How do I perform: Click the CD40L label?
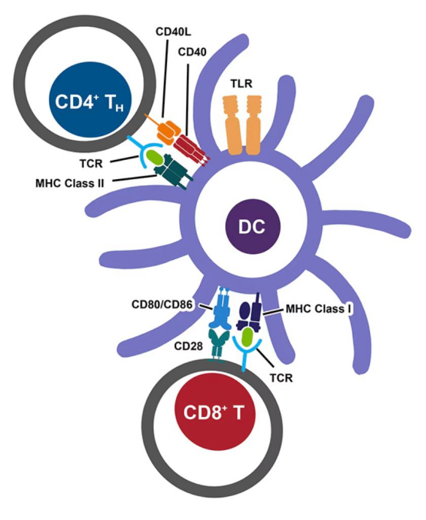coord(173,32)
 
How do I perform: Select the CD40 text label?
coord(192,52)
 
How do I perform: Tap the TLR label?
coord(241,84)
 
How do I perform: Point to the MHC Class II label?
coord(70,183)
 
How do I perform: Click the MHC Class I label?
coord(318,309)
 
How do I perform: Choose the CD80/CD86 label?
coord(161,305)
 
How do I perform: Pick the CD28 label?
coord(188,346)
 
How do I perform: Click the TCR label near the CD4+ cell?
coord(92,164)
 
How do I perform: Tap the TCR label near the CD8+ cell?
coord(281,378)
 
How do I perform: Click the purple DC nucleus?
coord(253,226)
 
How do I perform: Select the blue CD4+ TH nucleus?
coord(91,101)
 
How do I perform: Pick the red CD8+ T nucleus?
coord(215,412)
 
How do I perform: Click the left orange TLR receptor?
coord(232,125)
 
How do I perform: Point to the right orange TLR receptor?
coord(253,125)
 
